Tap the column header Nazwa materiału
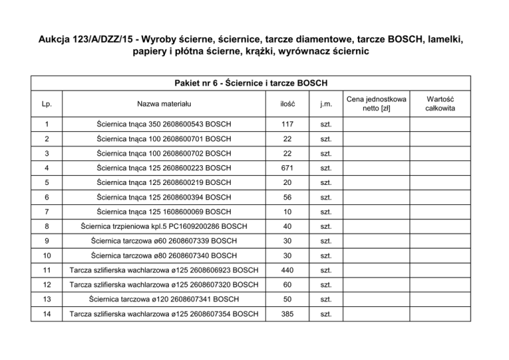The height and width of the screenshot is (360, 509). (163, 104)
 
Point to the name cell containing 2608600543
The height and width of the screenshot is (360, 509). (163, 124)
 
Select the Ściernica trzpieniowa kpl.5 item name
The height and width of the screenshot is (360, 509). (163, 226)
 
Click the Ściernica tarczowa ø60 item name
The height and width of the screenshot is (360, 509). (163, 241)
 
